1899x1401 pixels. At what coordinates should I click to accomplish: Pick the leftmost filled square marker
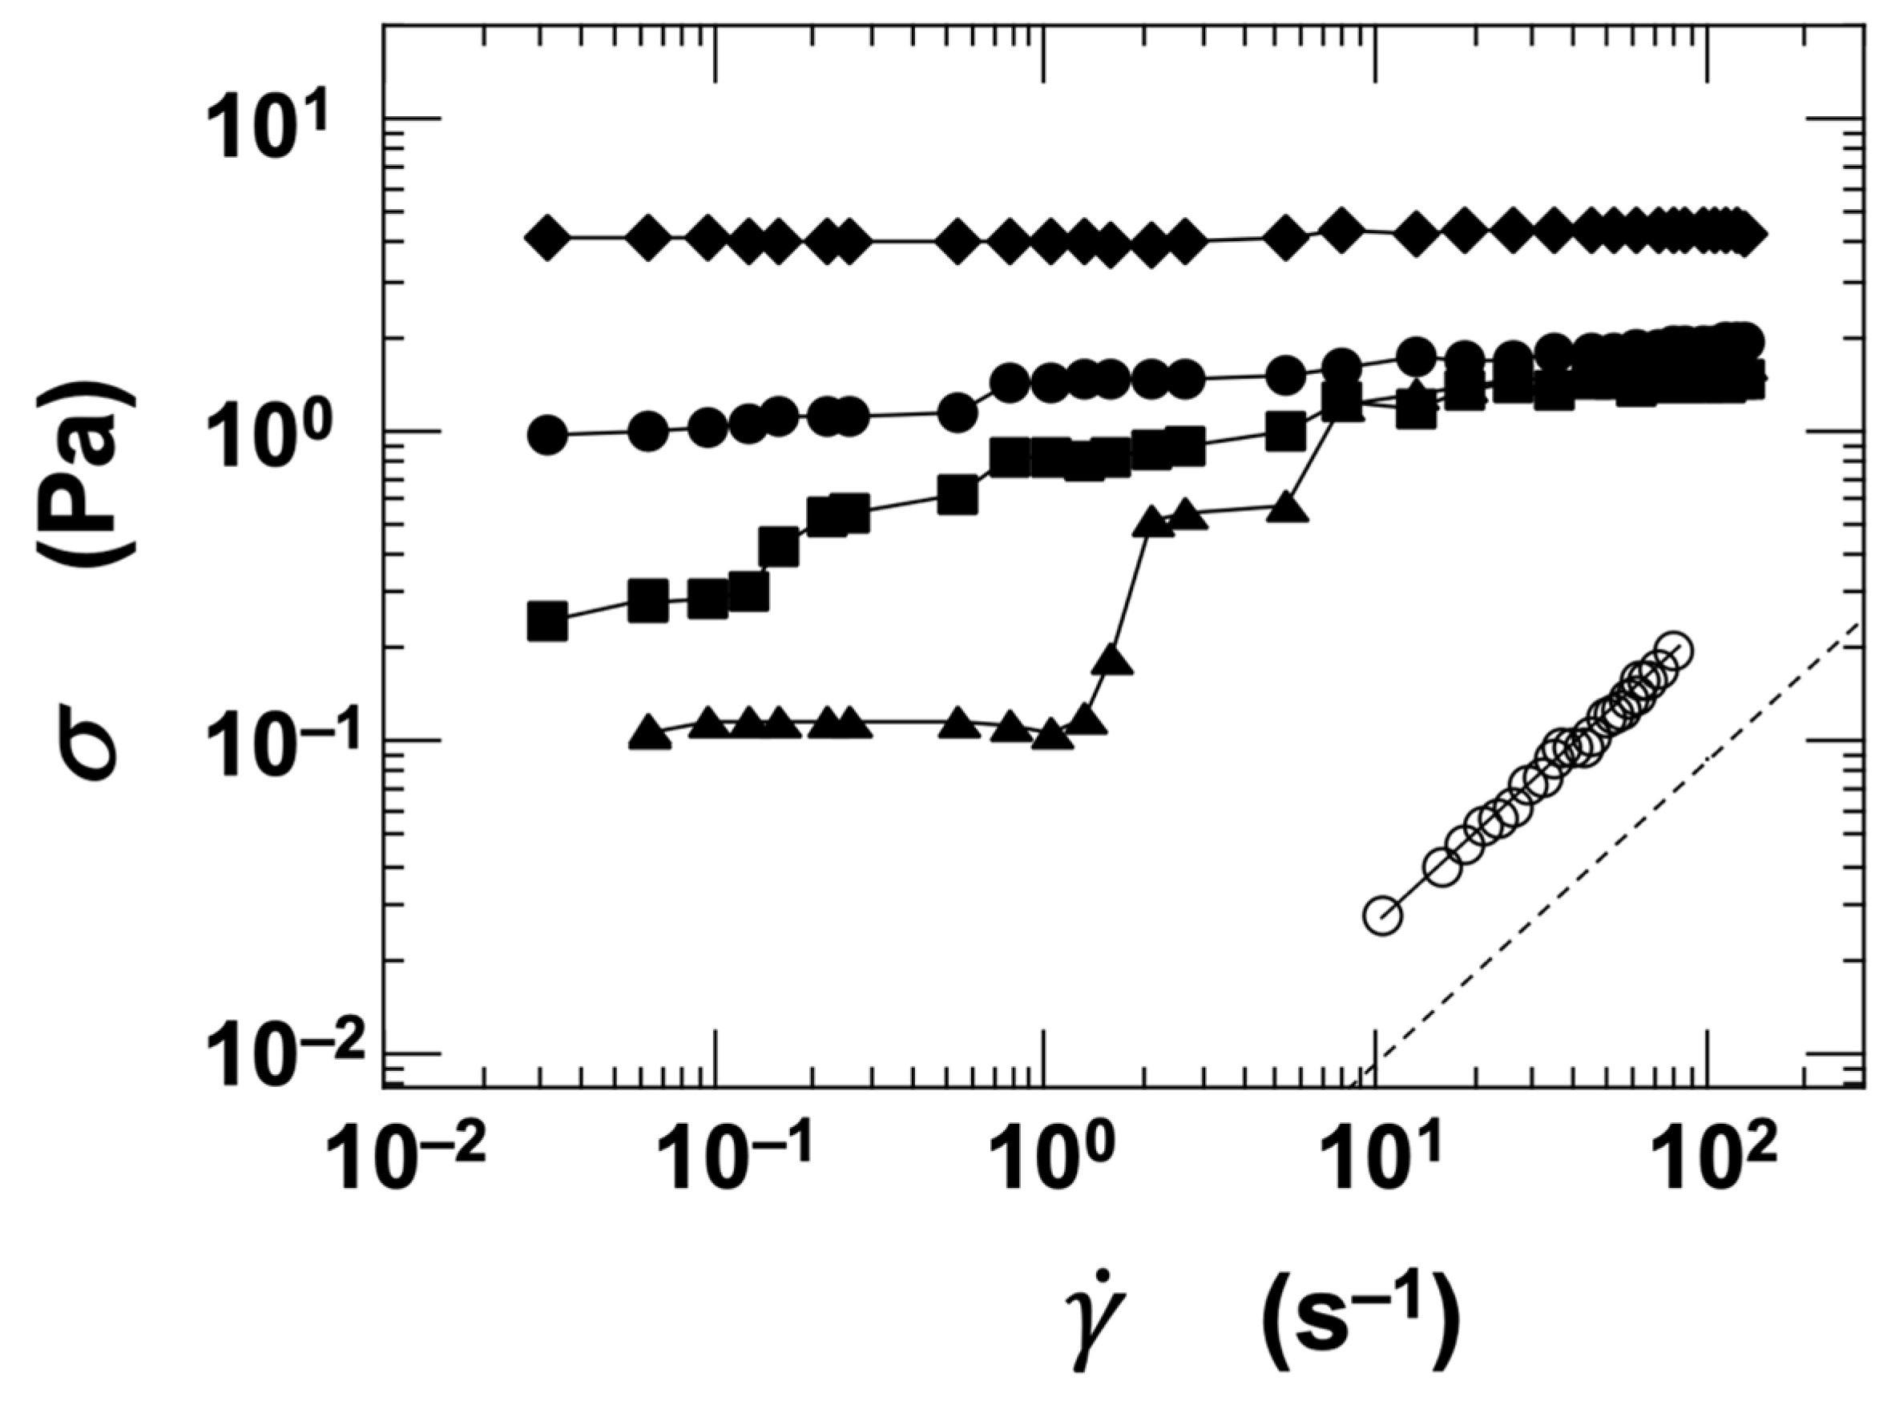(548, 621)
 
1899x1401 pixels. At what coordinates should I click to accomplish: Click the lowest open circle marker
(1382, 916)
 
